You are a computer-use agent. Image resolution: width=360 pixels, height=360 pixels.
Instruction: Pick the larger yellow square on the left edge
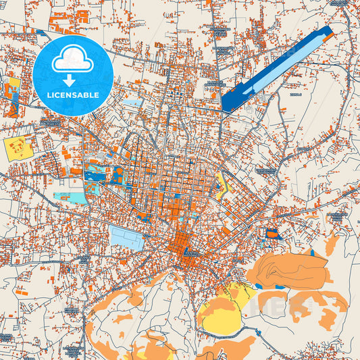tap(18, 147)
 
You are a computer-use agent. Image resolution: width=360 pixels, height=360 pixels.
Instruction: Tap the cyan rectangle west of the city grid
tap(72, 198)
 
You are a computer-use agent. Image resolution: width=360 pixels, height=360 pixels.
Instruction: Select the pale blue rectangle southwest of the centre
tap(127, 237)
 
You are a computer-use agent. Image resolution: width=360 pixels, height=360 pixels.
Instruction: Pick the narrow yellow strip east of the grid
tap(221, 186)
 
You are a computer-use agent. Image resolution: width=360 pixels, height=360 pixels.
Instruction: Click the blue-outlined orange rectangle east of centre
tap(272, 234)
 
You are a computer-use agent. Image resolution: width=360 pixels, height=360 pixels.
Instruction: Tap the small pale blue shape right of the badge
tap(132, 103)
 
